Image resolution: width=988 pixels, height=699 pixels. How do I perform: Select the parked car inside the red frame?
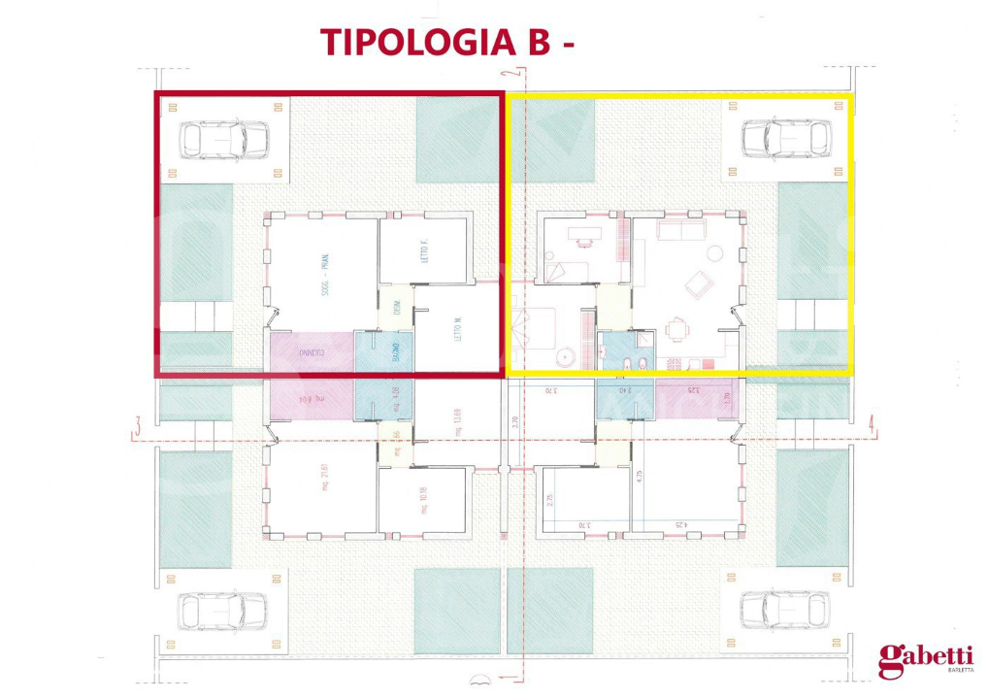224,140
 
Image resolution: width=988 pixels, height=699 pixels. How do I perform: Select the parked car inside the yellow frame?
785,139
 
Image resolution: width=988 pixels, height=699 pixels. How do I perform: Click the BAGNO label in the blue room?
396,351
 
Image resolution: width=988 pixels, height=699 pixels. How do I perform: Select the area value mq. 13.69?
456,419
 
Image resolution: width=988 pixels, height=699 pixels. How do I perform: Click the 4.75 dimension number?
639,477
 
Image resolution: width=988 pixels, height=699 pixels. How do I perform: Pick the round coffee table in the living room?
714,254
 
